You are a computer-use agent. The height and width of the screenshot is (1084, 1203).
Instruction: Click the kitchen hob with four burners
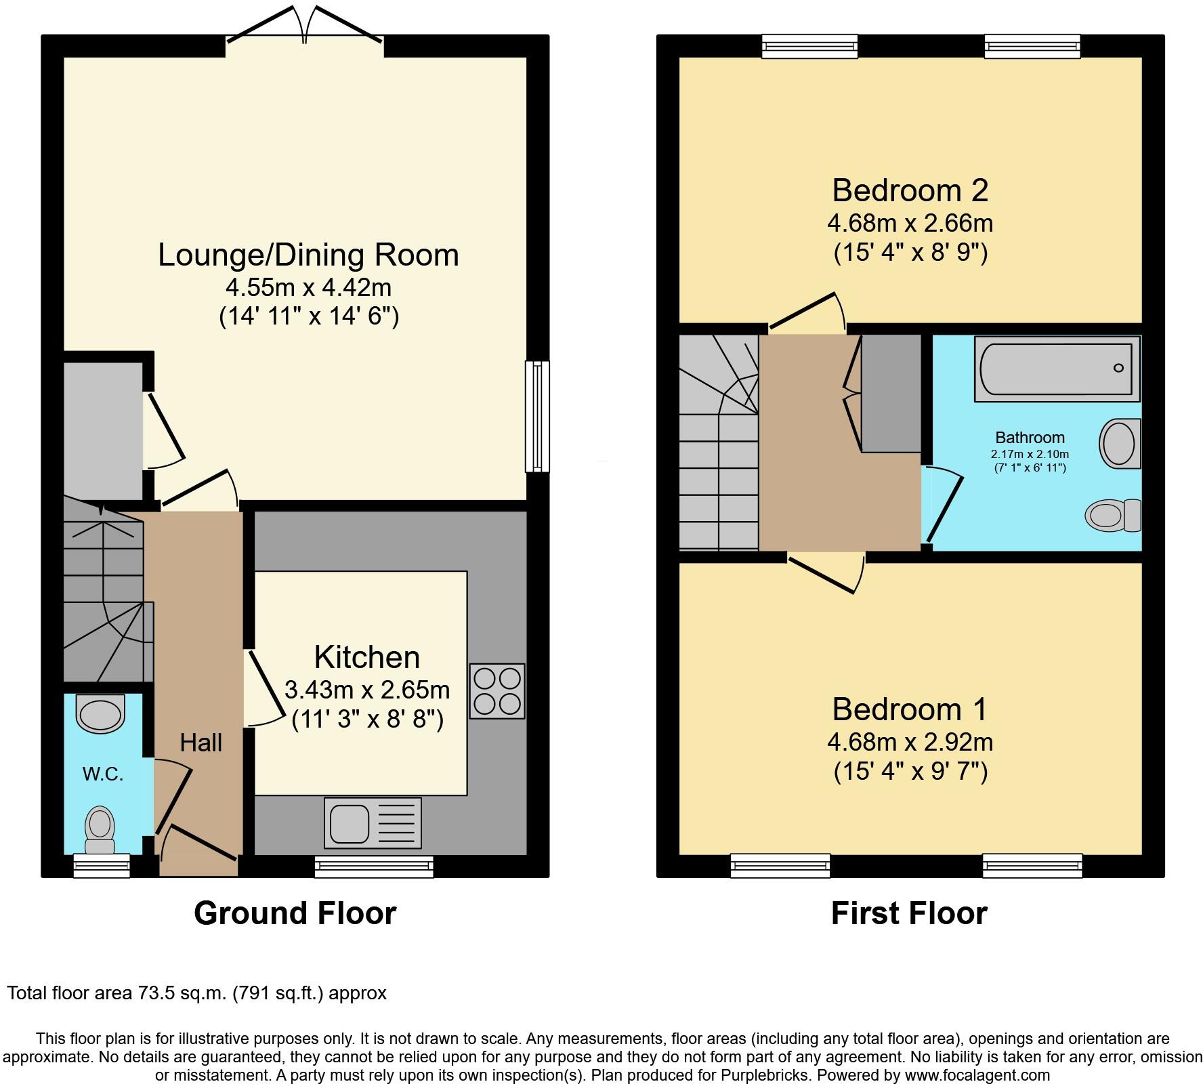pos(498,690)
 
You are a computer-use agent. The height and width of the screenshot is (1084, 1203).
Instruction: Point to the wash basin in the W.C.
pos(100,713)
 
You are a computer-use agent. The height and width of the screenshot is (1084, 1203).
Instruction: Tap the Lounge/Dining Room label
pos(308,255)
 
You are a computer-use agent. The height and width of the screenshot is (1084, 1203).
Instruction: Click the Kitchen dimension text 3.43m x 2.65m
pos(367,690)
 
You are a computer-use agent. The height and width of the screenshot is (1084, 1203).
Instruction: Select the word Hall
pos(200,743)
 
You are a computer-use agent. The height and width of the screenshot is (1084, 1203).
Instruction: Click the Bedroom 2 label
pos(910,190)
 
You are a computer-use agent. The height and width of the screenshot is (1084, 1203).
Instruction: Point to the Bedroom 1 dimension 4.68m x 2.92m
pos(910,742)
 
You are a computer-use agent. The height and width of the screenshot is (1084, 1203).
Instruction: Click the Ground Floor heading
pos(295,913)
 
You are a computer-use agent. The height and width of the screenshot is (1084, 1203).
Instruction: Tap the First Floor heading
pos(909,913)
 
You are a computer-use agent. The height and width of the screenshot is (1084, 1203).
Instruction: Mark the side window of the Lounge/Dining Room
pos(538,415)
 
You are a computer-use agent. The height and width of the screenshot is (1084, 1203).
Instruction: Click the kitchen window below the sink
pos(374,867)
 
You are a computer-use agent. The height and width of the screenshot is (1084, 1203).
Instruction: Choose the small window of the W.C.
pos(101,866)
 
